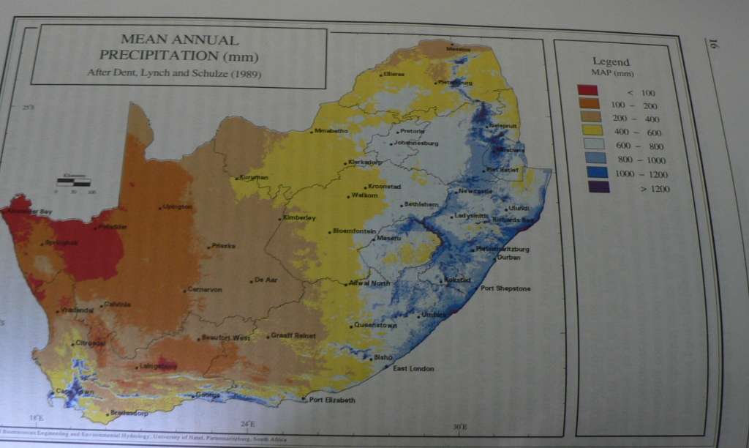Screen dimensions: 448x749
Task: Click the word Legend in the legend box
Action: click(x=611, y=61)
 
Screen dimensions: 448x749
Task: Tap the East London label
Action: click(x=413, y=368)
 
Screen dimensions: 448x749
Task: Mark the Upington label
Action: click(x=178, y=206)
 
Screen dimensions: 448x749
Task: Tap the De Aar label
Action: click(x=263, y=280)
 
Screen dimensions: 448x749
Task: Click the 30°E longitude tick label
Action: click(x=459, y=427)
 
